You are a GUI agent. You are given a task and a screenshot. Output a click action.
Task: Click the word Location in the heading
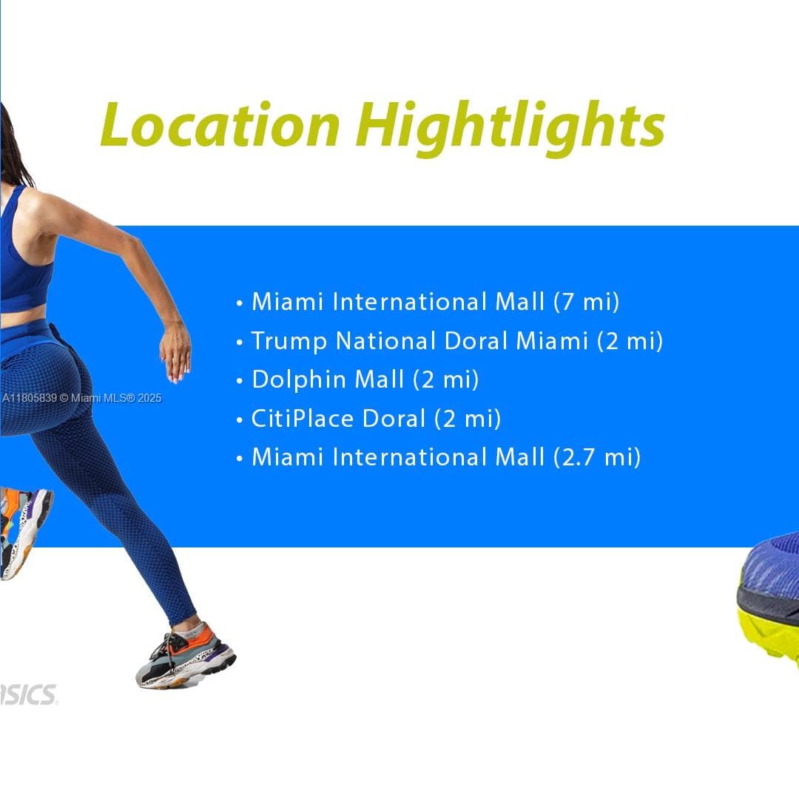click(x=220, y=126)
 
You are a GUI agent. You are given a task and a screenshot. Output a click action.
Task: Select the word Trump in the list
click(x=289, y=341)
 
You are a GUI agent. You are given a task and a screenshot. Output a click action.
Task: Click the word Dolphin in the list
click(x=299, y=380)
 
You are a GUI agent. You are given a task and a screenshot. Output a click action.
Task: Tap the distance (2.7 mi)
click(x=596, y=457)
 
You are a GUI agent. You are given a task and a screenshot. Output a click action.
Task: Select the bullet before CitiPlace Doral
click(x=240, y=420)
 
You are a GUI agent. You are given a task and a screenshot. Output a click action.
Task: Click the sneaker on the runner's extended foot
click(x=186, y=655)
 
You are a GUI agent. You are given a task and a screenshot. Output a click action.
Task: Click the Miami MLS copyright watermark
click(x=81, y=398)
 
